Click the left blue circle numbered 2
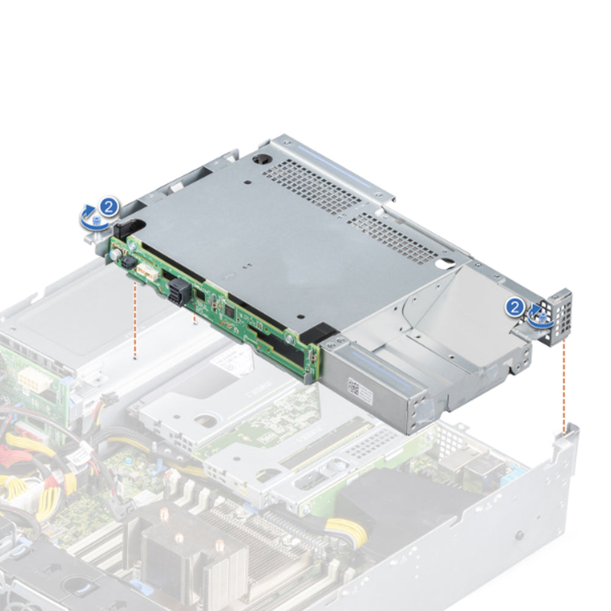(109, 206)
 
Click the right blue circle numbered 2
(514, 307)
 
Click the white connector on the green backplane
(145, 273)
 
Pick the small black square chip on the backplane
(229, 310)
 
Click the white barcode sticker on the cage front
(355, 386)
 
